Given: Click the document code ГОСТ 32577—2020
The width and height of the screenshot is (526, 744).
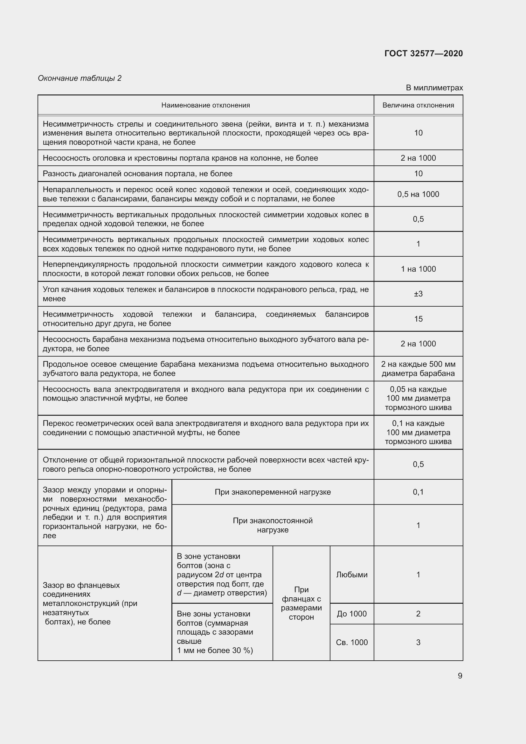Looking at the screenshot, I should click(x=423, y=53).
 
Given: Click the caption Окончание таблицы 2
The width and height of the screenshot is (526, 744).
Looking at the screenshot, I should click(x=80, y=78).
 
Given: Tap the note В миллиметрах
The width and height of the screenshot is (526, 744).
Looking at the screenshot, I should click(x=434, y=88).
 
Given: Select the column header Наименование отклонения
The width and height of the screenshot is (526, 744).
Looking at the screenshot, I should click(x=205, y=105).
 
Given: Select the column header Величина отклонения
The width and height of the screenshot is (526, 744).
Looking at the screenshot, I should click(x=418, y=105).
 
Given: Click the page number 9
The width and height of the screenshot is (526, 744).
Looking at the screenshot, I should click(x=460, y=676).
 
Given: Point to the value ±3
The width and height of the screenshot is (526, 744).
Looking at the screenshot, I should click(x=418, y=294).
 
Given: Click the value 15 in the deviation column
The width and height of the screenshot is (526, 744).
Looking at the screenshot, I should click(x=418, y=319).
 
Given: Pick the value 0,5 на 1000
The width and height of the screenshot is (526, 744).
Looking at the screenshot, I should click(x=418, y=194).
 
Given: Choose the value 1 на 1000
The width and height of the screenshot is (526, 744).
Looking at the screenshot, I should click(x=418, y=269).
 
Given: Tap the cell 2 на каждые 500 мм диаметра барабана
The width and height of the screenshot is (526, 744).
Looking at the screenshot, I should click(x=418, y=369).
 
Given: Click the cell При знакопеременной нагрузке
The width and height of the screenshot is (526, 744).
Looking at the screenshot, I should click(x=273, y=492).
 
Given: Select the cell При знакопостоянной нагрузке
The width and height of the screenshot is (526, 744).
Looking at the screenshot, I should click(x=273, y=525).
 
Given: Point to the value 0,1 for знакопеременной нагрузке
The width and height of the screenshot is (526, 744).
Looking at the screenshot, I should click(x=418, y=492).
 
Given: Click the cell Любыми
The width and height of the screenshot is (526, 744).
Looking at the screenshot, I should click(x=351, y=575).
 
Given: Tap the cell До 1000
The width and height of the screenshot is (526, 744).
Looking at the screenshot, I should click(x=351, y=614).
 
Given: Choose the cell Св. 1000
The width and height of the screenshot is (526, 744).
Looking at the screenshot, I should click(x=351, y=642).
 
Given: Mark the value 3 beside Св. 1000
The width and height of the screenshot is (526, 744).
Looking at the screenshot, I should click(x=418, y=642).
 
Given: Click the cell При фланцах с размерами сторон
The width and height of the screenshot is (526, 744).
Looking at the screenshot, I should click(x=301, y=603).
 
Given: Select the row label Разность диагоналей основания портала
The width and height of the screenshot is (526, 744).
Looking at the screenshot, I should click(x=137, y=174).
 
